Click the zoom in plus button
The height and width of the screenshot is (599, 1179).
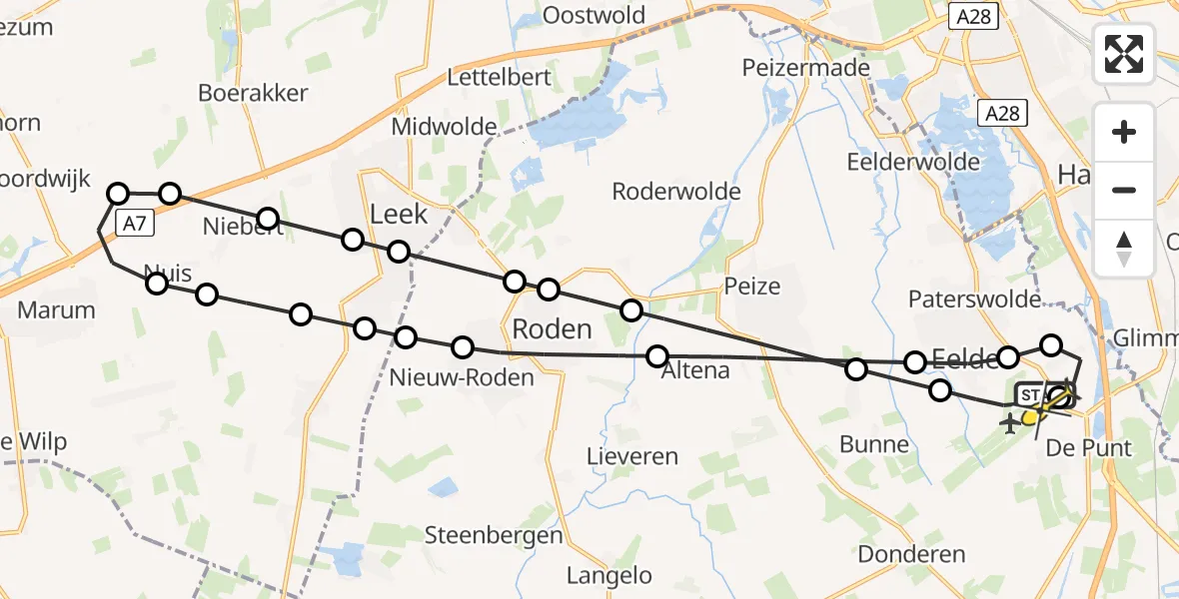point(1124,132)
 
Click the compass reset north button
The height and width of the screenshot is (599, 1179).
point(1124,249)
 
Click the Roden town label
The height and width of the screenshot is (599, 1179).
point(552,328)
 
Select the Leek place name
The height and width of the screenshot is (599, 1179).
point(399,214)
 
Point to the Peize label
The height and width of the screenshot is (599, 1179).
point(752,287)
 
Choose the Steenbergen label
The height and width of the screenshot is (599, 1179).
point(495,535)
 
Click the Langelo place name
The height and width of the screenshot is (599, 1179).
point(608,576)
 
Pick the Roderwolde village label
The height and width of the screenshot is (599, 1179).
point(676,191)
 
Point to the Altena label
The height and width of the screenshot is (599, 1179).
point(696,370)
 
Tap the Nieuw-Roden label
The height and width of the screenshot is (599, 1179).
point(463,377)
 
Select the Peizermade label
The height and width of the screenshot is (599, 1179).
point(806,68)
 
